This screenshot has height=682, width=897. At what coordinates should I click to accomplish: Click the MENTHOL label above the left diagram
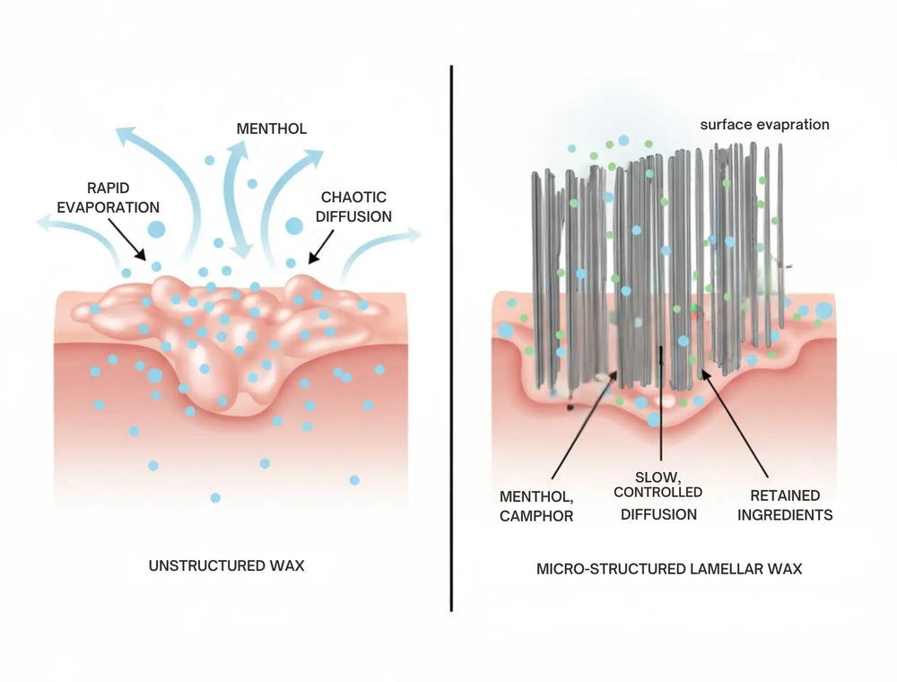[271, 129]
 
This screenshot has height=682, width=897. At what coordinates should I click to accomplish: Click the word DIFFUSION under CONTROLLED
[660, 514]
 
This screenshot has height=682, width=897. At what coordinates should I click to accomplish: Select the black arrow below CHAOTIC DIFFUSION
[321, 244]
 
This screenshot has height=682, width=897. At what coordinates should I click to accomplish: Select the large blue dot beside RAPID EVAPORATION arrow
[155, 229]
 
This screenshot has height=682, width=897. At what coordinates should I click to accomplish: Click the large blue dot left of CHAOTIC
[293, 225]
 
